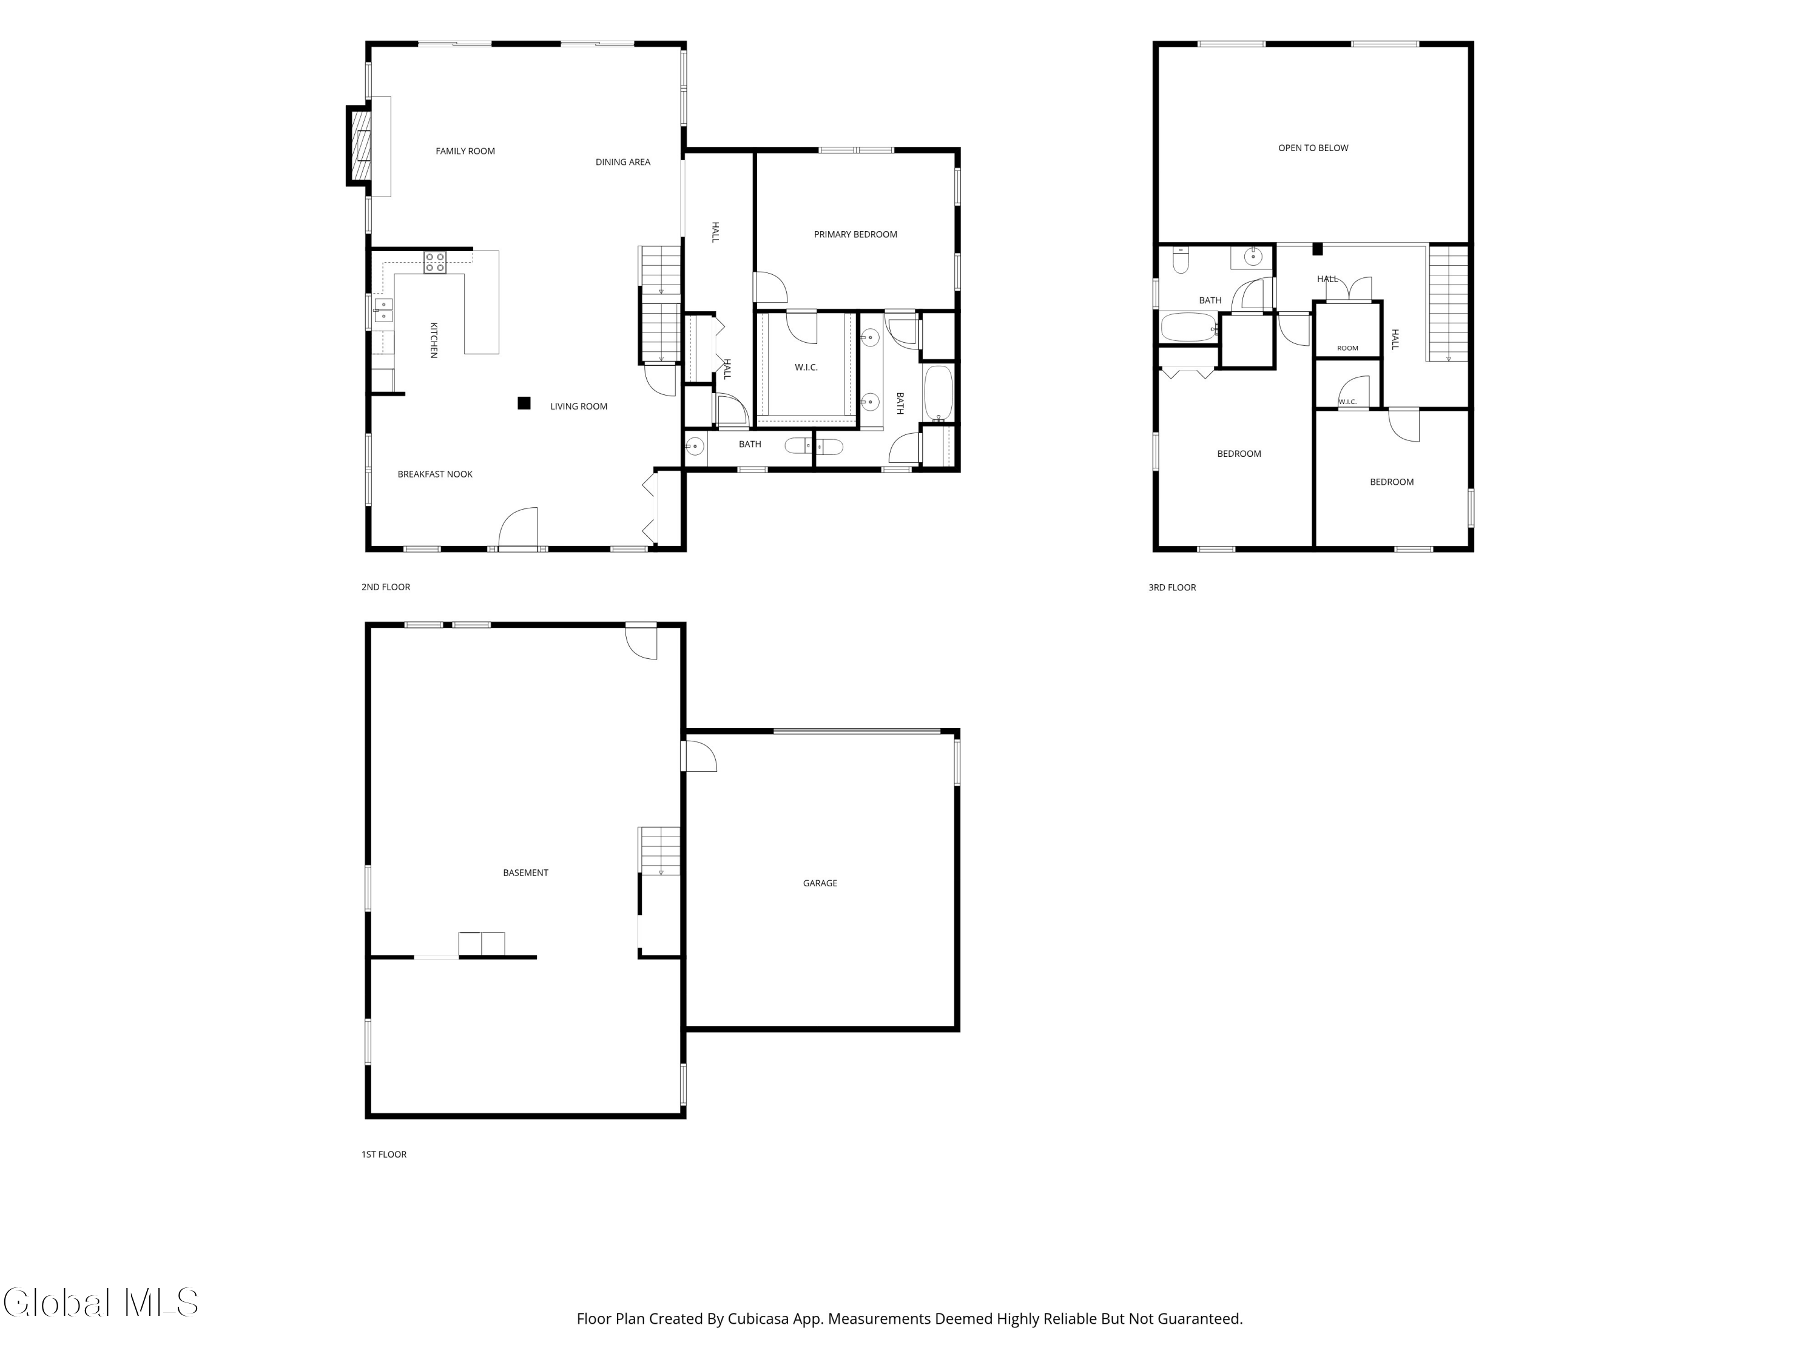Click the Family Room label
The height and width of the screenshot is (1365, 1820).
(465, 152)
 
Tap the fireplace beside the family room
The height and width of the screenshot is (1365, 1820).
(360, 146)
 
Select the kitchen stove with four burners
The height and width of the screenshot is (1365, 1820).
(435, 263)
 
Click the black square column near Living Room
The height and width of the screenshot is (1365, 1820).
(524, 403)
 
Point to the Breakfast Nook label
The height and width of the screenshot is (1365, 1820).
(434, 474)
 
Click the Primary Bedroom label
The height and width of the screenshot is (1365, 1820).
(855, 235)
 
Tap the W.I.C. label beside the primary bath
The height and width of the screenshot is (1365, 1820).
(806, 368)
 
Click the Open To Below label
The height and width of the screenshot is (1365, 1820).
(1313, 148)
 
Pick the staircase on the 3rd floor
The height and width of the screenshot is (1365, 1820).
(1448, 303)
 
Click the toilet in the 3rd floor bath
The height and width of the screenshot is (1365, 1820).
(1181, 260)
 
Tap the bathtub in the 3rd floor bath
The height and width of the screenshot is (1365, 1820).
(1188, 326)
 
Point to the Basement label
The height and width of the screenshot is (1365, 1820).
(526, 873)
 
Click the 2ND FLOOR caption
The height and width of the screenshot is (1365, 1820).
(386, 587)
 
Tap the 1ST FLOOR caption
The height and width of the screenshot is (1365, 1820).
(384, 1154)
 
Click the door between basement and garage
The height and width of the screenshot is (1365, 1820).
(698, 756)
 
